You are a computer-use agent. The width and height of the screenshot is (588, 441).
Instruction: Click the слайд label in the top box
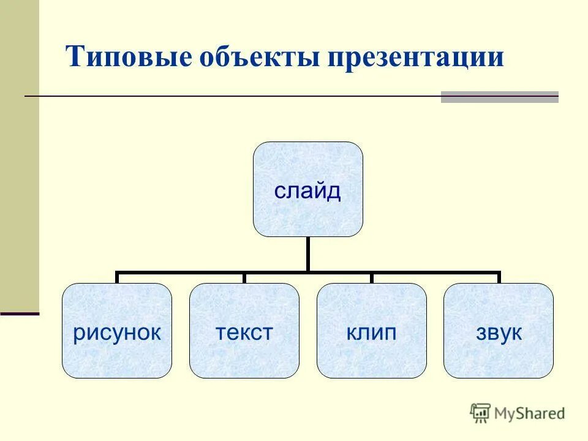tap(307, 191)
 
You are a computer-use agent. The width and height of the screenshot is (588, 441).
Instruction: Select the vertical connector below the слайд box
tap(308, 254)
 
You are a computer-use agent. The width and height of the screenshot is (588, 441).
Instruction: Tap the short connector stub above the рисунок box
tap(117, 278)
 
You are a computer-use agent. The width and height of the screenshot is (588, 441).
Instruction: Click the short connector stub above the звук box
tap(499, 278)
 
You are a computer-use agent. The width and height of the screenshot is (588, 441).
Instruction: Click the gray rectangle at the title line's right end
tap(499, 97)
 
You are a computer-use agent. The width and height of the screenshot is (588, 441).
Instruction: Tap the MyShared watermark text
tap(530, 413)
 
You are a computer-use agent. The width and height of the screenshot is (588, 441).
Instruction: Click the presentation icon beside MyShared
tap(480, 413)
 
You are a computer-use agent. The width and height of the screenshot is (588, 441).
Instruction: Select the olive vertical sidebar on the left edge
tap(19, 153)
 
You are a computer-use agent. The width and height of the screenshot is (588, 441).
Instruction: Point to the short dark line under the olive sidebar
tap(19, 314)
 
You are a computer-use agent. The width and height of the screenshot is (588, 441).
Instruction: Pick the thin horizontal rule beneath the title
tap(233, 96)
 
